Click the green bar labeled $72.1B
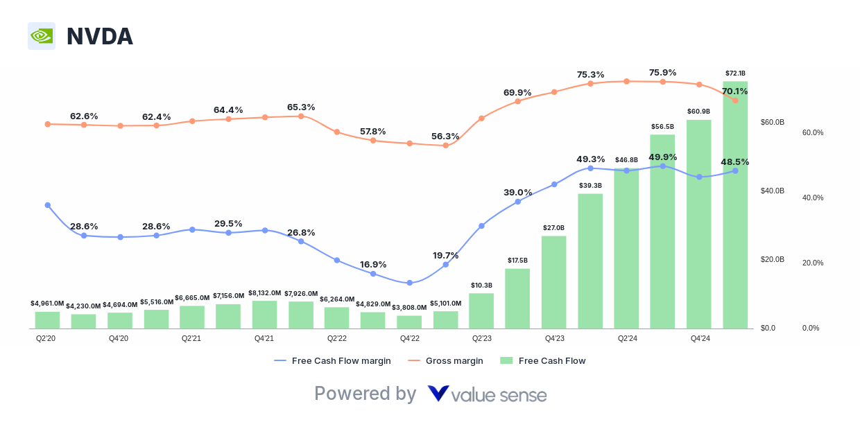coord(735,204)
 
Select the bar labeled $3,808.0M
coord(409,322)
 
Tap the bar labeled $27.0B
coord(554,281)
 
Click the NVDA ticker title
coord(99,37)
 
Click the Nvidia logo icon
coord(42,36)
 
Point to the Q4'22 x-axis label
coord(409,338)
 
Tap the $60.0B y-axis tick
coord(773,122)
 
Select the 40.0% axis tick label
coord(813,198)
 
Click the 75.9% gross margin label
coord(662,72)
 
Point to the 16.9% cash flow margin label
coord(373,264)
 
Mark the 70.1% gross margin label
coord(734,91)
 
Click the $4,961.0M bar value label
coord(47,303)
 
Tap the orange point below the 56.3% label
coord(445,146)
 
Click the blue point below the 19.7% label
coord(445,264)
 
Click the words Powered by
coord(365,394)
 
